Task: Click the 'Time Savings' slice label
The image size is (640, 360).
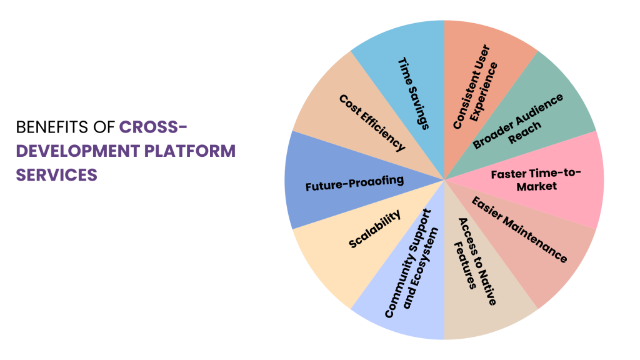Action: coord(413,94)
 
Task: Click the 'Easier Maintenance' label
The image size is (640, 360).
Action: coord(519,229)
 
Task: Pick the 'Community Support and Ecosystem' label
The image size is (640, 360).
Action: coord(412,263)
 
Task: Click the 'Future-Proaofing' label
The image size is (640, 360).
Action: coord(354,185)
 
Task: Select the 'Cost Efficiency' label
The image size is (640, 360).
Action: coord(372,123)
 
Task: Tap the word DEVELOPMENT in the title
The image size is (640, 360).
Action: coord(69,151)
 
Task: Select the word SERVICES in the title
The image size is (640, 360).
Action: coord(57,174)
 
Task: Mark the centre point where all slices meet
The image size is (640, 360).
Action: coord(444,180)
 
